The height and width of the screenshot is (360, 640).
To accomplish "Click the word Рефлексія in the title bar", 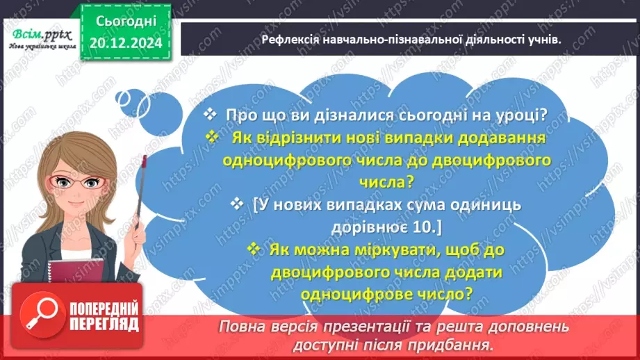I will tap(294, 40).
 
